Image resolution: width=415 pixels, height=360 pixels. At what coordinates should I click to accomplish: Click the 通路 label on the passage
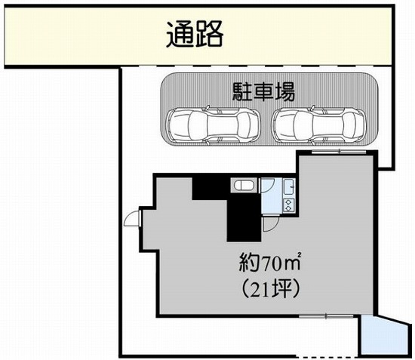[195, 34]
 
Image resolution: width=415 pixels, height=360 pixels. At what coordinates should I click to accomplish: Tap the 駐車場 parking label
[263, 91]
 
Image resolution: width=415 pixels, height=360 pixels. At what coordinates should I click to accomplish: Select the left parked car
[214, 125]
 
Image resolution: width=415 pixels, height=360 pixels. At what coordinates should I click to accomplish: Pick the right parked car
[319, 125]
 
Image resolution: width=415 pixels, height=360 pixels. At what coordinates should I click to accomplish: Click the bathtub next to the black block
[244, 185]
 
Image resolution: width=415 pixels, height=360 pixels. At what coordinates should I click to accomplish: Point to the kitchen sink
[289, 187]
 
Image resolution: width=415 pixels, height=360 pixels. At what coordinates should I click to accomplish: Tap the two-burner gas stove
[289, 205]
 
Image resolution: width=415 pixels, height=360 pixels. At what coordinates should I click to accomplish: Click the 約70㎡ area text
[270, 263]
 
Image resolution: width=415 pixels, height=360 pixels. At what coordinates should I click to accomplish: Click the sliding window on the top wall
[339, 152]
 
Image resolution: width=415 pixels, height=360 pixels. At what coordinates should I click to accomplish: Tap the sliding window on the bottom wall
[326, 316]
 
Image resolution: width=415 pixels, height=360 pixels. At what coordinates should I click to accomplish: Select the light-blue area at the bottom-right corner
[384, 335]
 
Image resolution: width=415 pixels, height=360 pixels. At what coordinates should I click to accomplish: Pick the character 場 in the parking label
[285, 91]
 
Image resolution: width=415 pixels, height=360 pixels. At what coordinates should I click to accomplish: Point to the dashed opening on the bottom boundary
[327, 357]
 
